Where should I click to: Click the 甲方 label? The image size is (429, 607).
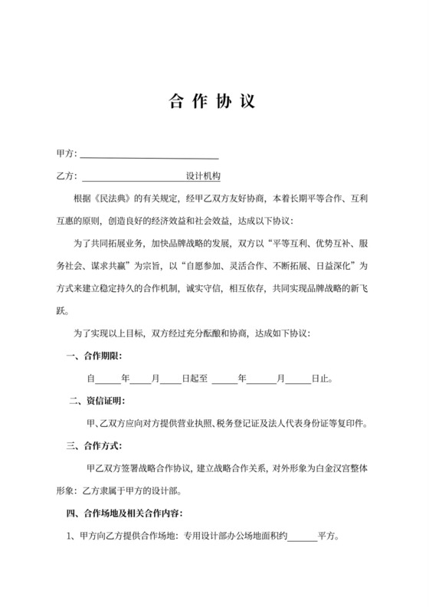click(x=64, y=154)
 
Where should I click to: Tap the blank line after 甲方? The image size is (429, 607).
click(x=149, y=155)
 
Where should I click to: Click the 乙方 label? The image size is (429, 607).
click(x=64, y=176)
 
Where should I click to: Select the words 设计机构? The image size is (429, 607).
click(x=203, y=176)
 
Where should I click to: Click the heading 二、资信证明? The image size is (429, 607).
click(x=99, y=400)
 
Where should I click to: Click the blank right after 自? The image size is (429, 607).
click(x=107, y=379)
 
